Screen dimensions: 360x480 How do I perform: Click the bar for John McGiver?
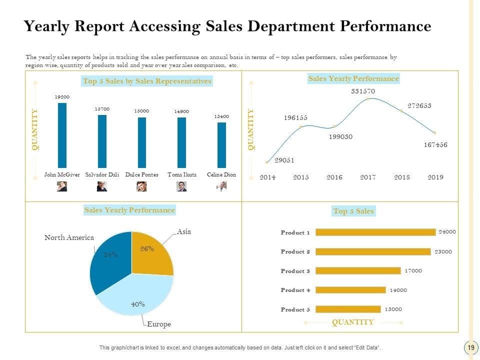62,135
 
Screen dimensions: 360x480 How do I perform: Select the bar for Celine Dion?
221,145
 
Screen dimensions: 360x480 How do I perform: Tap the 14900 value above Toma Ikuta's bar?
181,111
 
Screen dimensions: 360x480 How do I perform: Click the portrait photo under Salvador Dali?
101,186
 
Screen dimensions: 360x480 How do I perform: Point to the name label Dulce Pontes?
141,175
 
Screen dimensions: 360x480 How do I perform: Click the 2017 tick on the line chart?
368,177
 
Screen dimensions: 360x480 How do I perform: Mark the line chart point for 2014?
267,162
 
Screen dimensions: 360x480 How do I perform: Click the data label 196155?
295,118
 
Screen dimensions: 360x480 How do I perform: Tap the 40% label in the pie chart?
138,304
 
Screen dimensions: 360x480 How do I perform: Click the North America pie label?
69,238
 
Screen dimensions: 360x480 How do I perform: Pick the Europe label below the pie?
159,324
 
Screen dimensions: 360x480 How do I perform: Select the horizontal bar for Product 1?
375,232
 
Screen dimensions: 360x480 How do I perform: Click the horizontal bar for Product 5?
348,309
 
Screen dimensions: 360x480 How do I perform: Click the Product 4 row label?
295,290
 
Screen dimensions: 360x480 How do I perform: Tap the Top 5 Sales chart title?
353,211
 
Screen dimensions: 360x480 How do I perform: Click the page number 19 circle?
470,347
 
